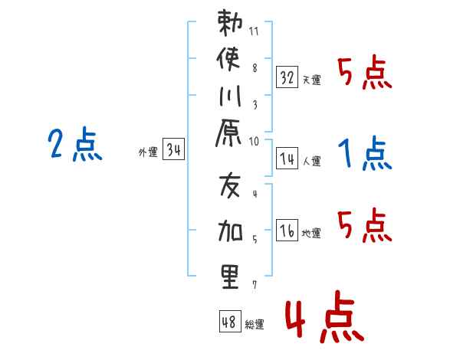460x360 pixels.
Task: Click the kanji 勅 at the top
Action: pyautogui.click(x=230, y=22)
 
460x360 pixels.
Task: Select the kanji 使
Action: pyautogui.click(x=228, y=59)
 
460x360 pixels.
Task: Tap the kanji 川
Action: pyautogui.click(x=230, y=96)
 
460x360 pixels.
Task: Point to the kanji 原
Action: pyautogui.click(x=228, y=133)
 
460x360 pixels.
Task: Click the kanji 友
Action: pyautogui.click(x=230, y=186)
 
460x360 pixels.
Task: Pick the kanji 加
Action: pyautogui.click(x=230, y=231)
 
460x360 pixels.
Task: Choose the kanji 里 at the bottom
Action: pyautogui.click(x=230, y=277)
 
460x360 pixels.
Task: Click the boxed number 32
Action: pyautogui.click(x=287, y=77)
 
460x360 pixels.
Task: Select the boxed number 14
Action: pyautogui.click(x=287, y=159)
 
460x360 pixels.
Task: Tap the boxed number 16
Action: pyautogui.click(x=287, y=230)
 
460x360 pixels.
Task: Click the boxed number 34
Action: pyautogui.click(x=173, y=149)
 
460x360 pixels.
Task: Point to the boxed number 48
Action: pyautogui.click(x=230, y=321)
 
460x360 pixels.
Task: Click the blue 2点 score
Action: pyautogui.click(x=75, y=144)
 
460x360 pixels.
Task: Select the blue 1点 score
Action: pyautogui.click(x=365, y=153)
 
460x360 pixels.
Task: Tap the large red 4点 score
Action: pyautogui.click(x=325, y=316)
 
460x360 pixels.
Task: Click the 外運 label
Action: pyautogui.click(x=148, y=152)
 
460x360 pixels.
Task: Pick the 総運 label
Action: pyautogui.click(x=255, y=325)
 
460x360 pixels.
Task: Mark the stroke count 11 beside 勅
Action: pyautogui.click(x=254, y=31)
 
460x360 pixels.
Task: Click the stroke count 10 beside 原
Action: pyautogui.click(x=254, y=142)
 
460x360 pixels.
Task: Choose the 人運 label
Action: pyautogui.click(x=311, y=161)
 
